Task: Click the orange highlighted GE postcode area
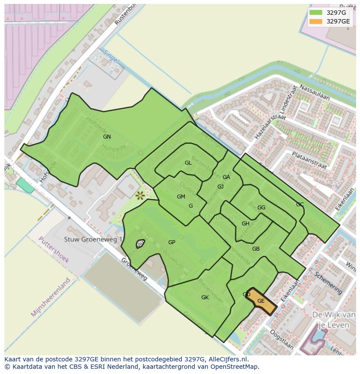pos(262,301)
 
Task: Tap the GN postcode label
pos(107,137)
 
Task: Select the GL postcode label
pos(188,163)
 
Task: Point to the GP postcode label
pos(172,242)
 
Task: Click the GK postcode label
pos(205,298)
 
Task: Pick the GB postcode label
pos(256,249)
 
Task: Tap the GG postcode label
pos(261,208)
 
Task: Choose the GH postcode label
pos(246,224)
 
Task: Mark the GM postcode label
pos(181,197)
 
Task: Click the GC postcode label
pos(300,205)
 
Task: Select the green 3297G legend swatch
pos(316,13)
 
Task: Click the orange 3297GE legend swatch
pos(316,21)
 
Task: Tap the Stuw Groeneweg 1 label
pos(93,239)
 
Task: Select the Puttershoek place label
pos(53,249)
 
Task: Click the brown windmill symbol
pos(140,196)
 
